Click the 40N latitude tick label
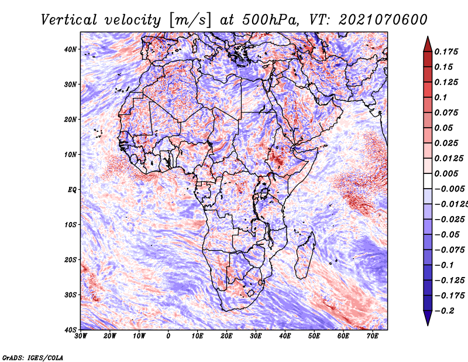coord(70,49)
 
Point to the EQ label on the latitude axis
coord(72,190)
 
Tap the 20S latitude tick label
coord(70,259)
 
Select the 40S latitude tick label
coord(70,330)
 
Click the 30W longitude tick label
coord(81,336)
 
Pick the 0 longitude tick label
coord(168,336)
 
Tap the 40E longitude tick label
coord(285,336)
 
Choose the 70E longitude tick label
coord(373,336)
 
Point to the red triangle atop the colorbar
coord(428,43)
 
